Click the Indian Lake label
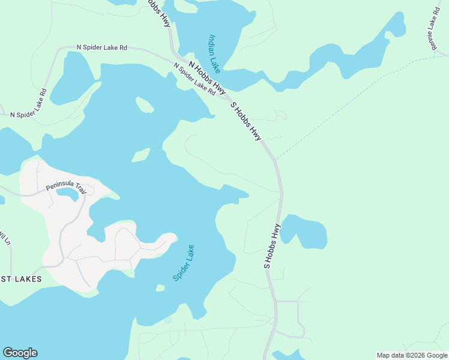click(x=213, y=52)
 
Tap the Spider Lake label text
click(x=184, y=263)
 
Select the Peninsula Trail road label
click(x=67, y=188)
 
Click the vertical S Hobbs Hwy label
click(x=271, y=245)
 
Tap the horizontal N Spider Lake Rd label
click(x=102, y=47)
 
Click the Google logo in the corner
click(x=20, y=353)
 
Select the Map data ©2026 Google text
click(x=412, y=355)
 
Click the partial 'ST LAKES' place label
click(x=21, y=279)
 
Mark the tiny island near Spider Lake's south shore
click(x=160, y=288)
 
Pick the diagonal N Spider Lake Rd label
click(x=194, y=79)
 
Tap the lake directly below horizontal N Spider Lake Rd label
click(x=72, y=78)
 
